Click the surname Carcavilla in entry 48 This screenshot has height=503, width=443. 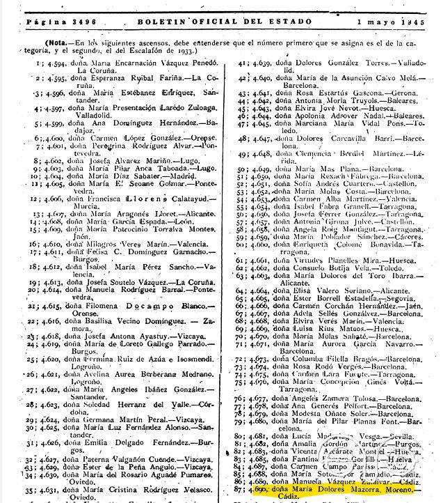(338, 139)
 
